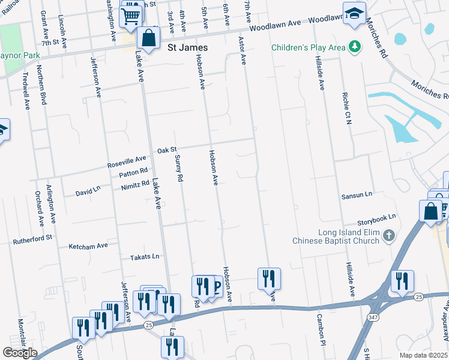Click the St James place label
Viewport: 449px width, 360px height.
tap(187, 47)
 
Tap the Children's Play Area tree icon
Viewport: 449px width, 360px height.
tap(355, 46)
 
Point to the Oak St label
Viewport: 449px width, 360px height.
tap(167, 150)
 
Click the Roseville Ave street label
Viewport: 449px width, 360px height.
tap(127, 161)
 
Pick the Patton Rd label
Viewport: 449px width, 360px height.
tap(133, 171)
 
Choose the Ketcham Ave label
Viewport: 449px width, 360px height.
tap(88, 245)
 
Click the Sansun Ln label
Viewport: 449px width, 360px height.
tap(357, 195)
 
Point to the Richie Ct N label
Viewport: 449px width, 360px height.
tap(347, 108)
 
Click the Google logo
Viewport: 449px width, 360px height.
tap(20, 352)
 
